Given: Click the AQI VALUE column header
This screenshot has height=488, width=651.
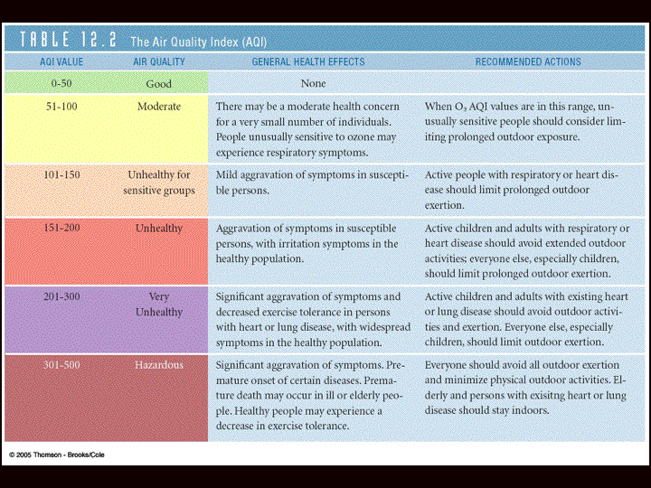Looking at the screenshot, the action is pos(61,61).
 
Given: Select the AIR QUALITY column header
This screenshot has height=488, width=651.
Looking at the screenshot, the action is pos(159,61).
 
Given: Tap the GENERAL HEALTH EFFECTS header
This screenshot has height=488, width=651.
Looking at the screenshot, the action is pos(308,61).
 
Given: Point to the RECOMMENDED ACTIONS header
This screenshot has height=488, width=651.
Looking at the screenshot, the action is pos(528,61).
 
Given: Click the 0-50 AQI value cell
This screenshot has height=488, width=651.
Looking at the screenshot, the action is pos(61,83).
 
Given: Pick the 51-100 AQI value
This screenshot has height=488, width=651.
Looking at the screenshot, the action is pos(61,107).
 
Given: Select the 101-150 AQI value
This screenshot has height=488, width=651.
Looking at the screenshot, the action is pos(61,174).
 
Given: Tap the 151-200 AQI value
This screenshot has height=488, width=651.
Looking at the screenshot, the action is pos(61,228).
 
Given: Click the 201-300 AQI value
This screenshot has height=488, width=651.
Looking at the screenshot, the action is pos(61,296).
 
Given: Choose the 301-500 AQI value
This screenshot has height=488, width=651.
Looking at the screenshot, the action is pos(61,365).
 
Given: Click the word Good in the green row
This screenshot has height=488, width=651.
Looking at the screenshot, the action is pos(159,84).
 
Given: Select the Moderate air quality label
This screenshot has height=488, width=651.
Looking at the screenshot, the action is pos(159,107).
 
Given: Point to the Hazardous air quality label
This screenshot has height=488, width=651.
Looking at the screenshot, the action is pos(159,365).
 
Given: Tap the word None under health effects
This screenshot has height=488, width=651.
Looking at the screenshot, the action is pos(313,83).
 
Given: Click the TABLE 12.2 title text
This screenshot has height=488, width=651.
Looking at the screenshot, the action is pos(68,40).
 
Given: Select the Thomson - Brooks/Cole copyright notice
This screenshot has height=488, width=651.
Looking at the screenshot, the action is pos(57,455).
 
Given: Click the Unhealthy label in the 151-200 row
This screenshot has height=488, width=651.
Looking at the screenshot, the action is pos(159,229).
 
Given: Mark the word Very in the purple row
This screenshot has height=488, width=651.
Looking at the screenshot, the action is pos(159,296).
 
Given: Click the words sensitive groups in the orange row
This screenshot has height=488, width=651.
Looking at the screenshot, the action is pos(159,191).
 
